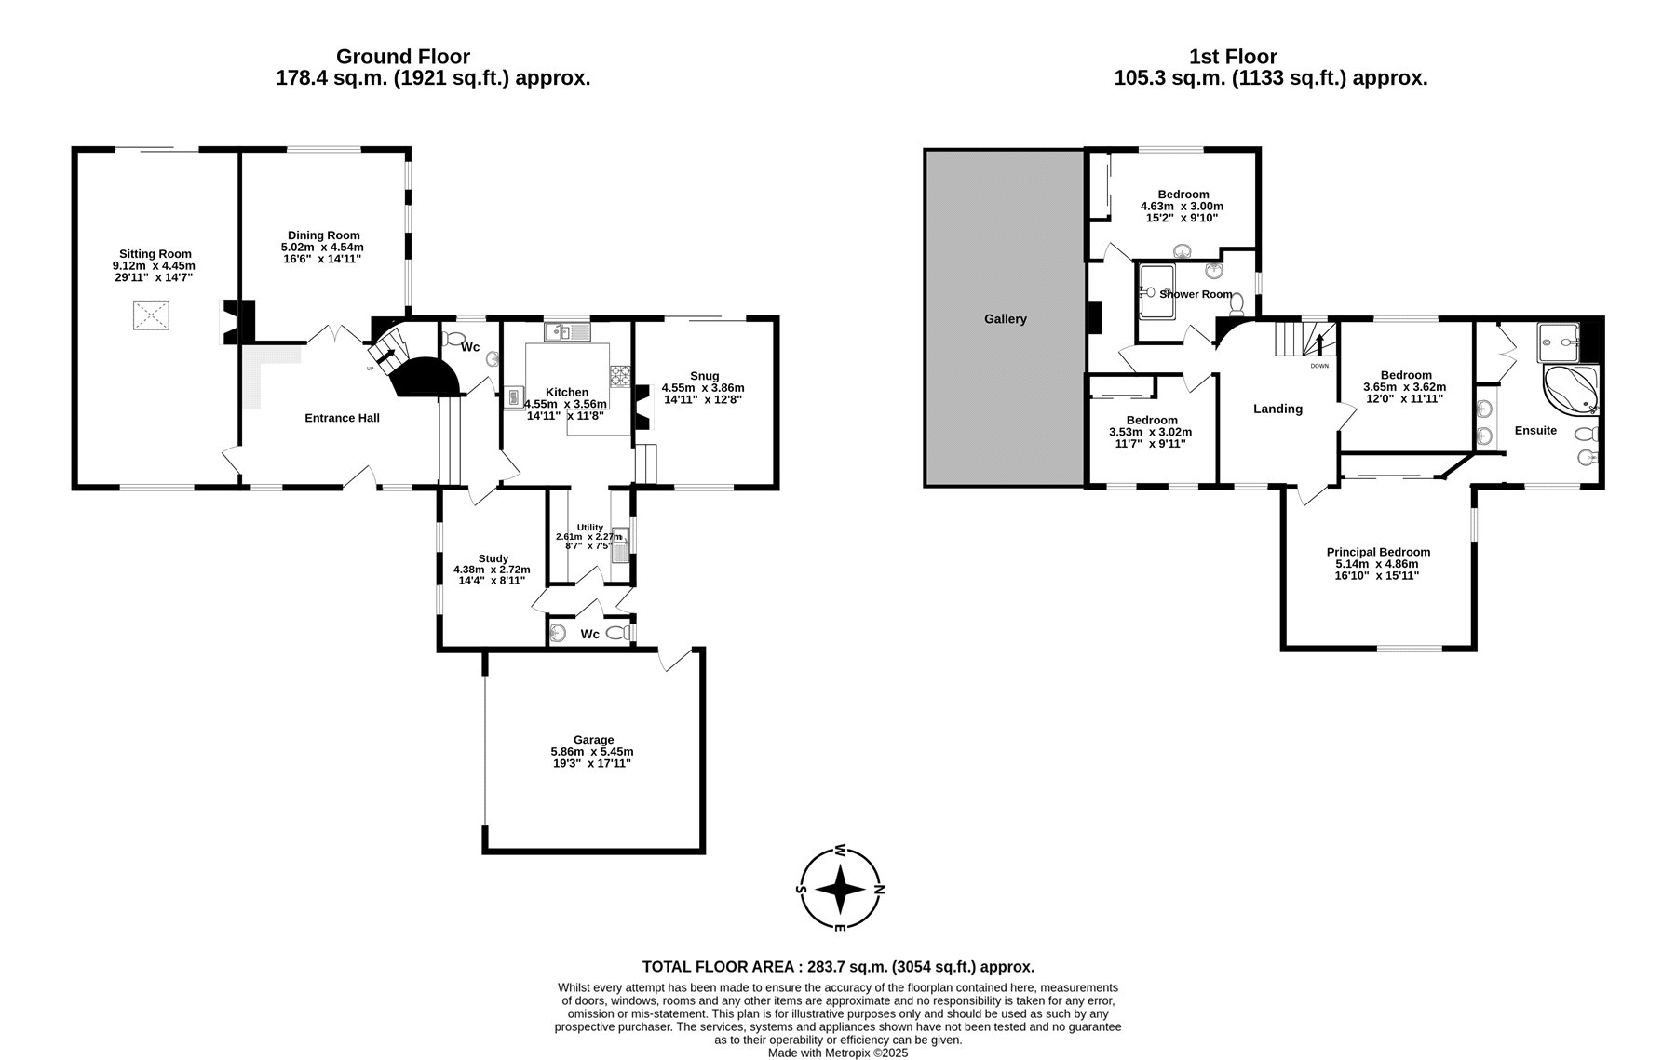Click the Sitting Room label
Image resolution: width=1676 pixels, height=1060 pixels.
click(x=155, y=253)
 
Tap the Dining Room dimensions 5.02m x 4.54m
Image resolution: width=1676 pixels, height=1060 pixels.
click(x=322, y=247)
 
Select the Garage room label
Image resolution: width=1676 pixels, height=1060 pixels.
click(x=593, y=740)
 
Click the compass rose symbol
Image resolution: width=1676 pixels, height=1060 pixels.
click(x=841, y=889)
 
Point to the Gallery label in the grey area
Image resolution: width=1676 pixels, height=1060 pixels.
click(x=1006, y=318)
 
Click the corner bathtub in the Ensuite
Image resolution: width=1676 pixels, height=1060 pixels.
click(x=1572, y=391)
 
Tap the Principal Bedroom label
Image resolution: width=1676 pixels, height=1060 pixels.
click(x=1378, y=552)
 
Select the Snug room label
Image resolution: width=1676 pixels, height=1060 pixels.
click(x=704, y=375)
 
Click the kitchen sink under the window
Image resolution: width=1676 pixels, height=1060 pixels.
click(x=568, y=330)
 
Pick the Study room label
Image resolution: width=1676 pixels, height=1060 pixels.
click(x=493, y=558)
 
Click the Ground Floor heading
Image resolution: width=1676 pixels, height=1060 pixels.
click(x=403, y=57)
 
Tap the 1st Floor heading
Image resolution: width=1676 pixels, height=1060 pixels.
click(x=1233, y=57)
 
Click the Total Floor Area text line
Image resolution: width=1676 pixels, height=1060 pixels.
click(x=838, y=967)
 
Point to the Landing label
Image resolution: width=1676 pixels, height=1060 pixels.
click(x=1277, y=409)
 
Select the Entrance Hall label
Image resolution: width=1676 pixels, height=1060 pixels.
click(x=342, y=418)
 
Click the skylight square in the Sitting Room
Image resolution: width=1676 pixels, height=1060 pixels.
click(x=150, y=315)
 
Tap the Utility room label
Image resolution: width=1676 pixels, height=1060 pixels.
click(x=589, y=527)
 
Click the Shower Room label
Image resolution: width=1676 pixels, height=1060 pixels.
click(x=1196, y=294)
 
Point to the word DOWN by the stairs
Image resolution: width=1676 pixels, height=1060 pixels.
click(x=1319, y=366)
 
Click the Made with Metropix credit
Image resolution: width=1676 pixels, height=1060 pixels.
click(x=837, y=1053)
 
